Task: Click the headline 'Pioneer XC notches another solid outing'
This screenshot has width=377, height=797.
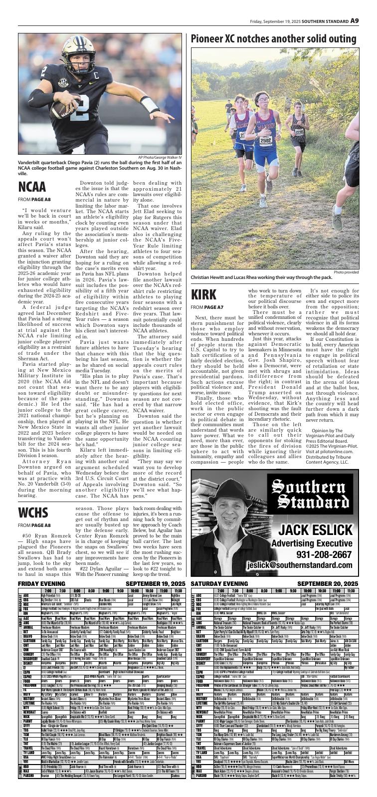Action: pos(273,39)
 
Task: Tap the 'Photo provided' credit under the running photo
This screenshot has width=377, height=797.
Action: pos(346,272)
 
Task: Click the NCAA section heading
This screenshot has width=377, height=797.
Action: pos(32,187)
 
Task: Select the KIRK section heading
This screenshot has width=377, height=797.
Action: pos(203,294)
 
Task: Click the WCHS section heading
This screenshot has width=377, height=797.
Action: pos(33,513)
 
